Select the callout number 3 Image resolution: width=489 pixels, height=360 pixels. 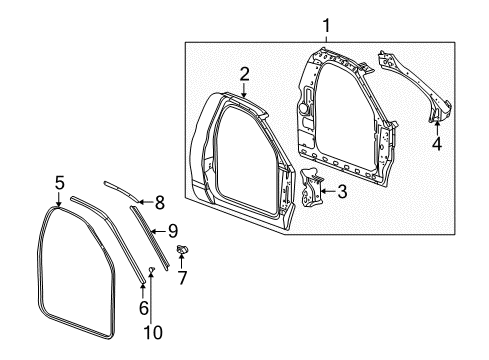[342, 191]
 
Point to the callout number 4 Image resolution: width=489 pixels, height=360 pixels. [436, 142]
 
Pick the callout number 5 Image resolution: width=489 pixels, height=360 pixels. [59, 183]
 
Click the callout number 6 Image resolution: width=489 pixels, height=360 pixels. [144, 307]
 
